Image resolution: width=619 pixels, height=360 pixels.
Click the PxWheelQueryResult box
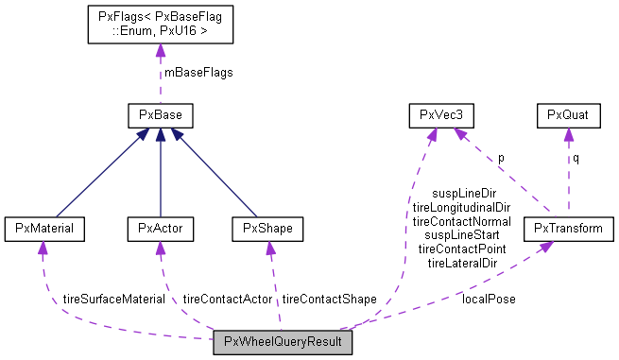(x=283, y=343)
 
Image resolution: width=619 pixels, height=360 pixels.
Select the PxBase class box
(x=161, y=116)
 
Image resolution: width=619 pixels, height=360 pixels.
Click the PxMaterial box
(x=45, y=228)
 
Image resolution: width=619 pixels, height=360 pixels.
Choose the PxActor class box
(x=160, y=228)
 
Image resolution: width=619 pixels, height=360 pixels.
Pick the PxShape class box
(x=267, y=228)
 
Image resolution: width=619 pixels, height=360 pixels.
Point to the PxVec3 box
(x=440, y=116)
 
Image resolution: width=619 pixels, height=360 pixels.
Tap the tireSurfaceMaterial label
(x=113, y=299)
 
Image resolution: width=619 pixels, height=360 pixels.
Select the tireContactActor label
(x=227, y=299)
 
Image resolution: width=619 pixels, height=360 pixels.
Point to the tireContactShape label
(x=329, y=299)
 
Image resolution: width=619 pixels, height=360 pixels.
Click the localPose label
(x=489, y=299)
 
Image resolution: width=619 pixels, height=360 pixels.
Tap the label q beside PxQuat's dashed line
(x=576, y=158)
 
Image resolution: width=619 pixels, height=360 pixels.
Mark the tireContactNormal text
(x=461, y=221)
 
